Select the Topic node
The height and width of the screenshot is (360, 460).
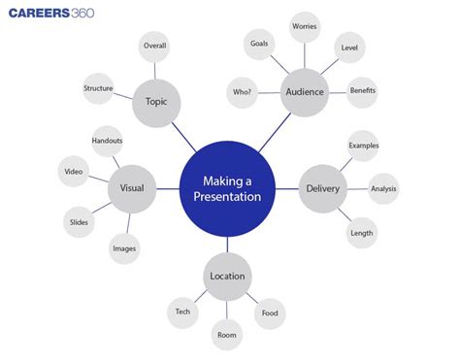point(156,101)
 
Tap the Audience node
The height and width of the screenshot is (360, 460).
point(305,92)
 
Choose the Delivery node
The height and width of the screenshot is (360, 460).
point(322,188)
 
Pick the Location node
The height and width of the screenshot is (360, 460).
point(226,276)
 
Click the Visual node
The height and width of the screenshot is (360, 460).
point(131,187)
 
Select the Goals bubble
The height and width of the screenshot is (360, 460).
point(258,43)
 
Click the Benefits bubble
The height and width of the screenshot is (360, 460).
point(362,90)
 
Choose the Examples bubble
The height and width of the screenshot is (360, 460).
point(363,146)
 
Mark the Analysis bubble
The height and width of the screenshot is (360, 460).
point(384,188)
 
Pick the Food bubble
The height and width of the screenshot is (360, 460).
point(270,312)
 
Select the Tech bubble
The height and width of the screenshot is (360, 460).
point(182,311)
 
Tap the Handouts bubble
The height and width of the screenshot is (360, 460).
point(107,142)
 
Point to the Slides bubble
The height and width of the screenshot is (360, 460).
point(80,221)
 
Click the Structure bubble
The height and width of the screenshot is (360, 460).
point(98,88)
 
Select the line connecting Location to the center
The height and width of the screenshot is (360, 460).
point(228,244)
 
